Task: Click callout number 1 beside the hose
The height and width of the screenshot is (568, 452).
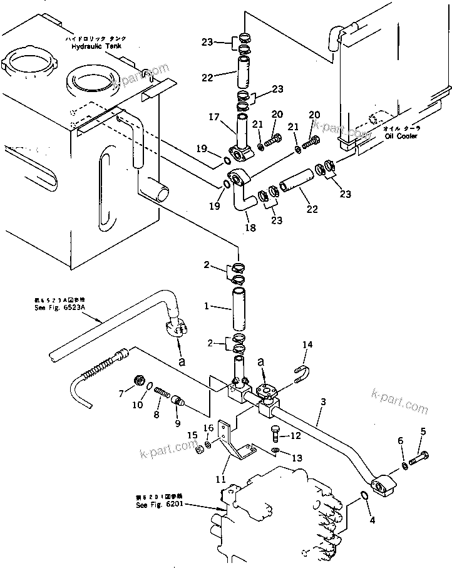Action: coord(207,307)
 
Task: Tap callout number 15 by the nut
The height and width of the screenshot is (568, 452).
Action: coord(192,435)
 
